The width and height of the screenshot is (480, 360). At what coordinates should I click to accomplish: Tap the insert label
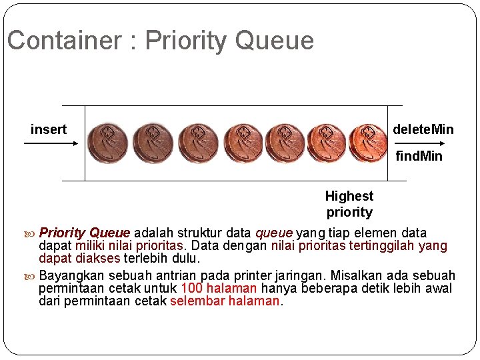tap(49, 129)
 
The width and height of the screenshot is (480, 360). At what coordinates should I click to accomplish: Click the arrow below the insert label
tap(49, 142)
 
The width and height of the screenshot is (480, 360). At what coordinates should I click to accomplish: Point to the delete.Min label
tap(423, 129)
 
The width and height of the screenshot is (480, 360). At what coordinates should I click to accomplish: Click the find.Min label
tap(419, 157)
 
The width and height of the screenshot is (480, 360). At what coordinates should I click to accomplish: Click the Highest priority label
tap(349, 204)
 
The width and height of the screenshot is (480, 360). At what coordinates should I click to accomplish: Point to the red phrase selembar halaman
tap(225, 301)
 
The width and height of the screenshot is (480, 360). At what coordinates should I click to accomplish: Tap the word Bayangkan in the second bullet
tap(71, 276)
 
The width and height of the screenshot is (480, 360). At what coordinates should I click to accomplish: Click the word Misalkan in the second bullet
tap(358, 276)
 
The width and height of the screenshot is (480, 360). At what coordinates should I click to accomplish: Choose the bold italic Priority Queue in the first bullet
tap(85, 233)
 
